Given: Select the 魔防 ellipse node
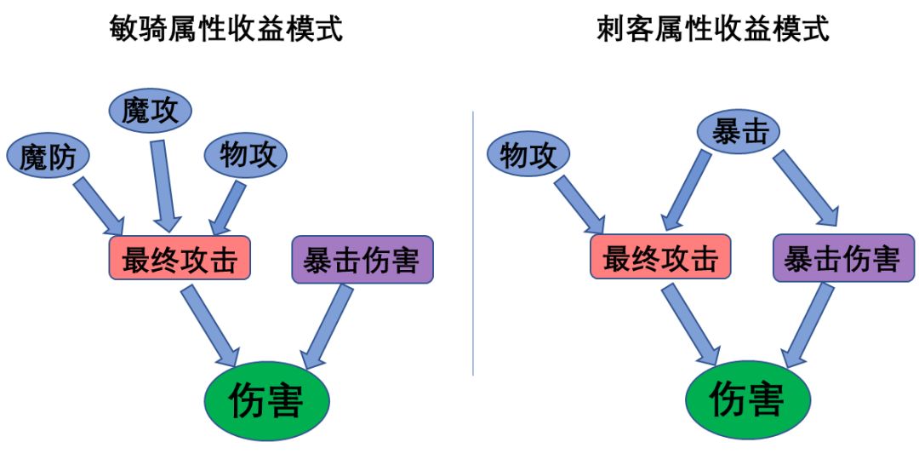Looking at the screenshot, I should tap(48, 157).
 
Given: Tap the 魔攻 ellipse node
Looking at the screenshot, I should tap(151, 112).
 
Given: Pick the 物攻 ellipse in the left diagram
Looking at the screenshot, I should tap(246, 156).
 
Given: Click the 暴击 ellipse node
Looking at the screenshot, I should tap(739, 132).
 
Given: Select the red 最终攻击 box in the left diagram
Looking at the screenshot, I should tap(180, 258).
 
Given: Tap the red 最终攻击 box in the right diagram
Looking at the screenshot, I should tap(660, 258).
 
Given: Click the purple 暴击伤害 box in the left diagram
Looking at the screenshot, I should tap(362, 258).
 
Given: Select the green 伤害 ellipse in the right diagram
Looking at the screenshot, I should tap(746, 399).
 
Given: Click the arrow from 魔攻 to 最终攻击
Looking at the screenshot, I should tap(162, 186).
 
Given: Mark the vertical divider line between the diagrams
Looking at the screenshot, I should tap(473, 243).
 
